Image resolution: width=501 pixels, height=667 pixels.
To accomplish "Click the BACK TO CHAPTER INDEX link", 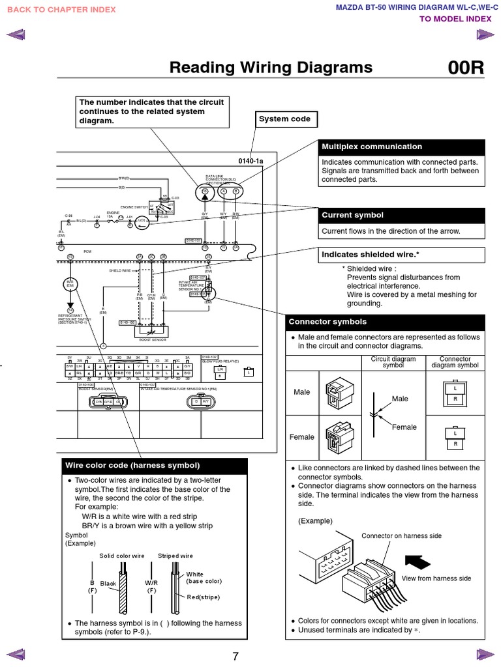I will click(61, 10).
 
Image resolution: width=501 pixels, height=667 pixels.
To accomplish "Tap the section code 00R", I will click(466, 68).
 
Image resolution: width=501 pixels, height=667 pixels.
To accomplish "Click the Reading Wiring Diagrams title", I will click(271, 68).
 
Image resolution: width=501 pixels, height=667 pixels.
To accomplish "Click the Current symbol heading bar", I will click(402, 215).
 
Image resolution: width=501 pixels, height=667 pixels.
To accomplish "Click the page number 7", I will click(235, 656).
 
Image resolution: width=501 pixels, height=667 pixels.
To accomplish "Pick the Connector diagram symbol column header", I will click(455, 362).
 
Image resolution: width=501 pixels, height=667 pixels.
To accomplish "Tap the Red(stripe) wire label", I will click(203, 597).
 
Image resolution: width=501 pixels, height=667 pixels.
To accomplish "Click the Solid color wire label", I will click(121, 556).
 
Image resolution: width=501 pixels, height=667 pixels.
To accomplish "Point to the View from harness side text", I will click(436, 578).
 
